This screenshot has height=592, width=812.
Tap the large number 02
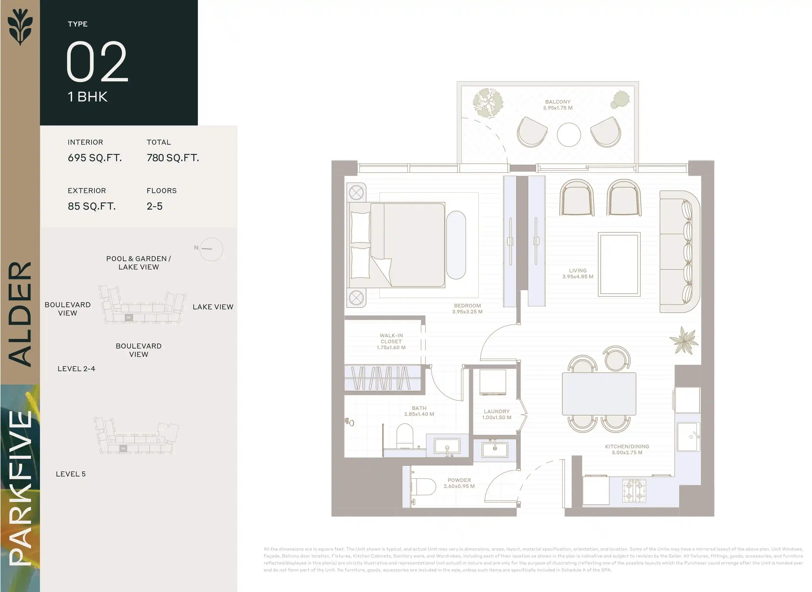[x=97, y=61]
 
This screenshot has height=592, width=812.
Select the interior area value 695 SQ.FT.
[x=95, y=158]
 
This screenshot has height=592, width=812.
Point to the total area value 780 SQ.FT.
[x=173, y=158]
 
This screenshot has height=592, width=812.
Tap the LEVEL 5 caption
[x=71, y=474]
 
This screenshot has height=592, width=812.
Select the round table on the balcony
[x=569, y=135]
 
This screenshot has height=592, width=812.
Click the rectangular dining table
[x=599, y=394]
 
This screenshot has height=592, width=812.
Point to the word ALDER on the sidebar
[x=21, y=314]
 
